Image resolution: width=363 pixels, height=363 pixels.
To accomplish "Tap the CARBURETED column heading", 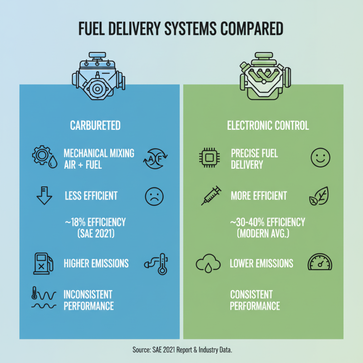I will tap(95, 125).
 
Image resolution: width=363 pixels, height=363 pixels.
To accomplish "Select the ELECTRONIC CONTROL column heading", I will tap(268, 125).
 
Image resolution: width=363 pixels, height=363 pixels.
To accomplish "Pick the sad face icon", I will tap(154, 196).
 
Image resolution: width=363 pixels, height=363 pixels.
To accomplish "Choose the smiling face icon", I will tap(320, 158).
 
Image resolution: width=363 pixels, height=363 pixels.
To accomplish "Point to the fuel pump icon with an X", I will tap(43, 263).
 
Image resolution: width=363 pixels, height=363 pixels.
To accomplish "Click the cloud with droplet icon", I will tap(207, 264).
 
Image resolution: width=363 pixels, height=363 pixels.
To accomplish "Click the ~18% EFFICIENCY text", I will tap(95, 223).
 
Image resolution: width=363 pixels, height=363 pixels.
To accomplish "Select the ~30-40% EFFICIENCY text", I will tap(267, 223).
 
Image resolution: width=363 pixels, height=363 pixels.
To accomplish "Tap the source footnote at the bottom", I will tap(181, 350).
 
